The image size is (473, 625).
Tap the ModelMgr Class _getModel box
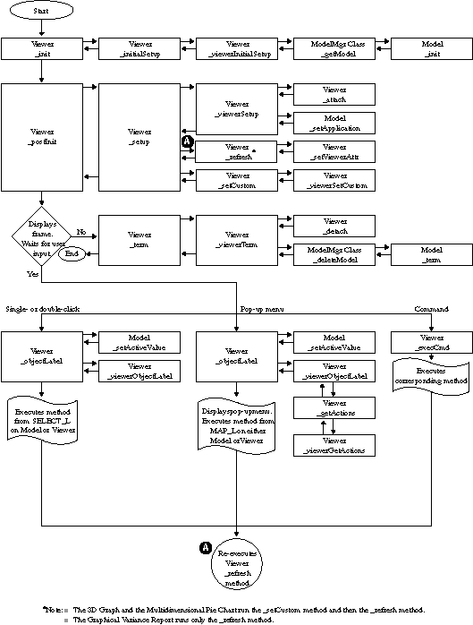click(335, 48)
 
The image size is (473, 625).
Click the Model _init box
click(433, 48)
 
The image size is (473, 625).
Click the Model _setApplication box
click(335, 123)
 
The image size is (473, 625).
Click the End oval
click(72, 254)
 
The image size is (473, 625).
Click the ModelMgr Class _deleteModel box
click(335, 254)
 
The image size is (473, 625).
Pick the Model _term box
click(433, 254)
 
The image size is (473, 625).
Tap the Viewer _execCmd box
click(433, 342)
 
